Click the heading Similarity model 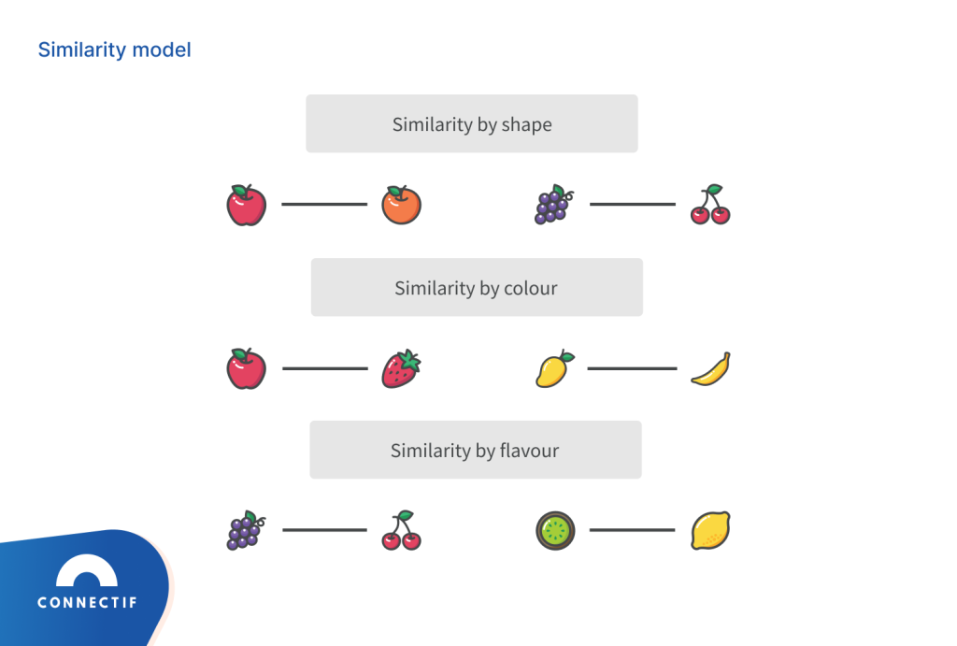(x=114, y=50)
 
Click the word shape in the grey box (x=526, y=124)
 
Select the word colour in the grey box (x=530, y=288)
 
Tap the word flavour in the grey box (x=528, y=451)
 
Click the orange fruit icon (x=401, y=205)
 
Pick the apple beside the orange (x=247, y=205)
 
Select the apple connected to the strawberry (x=247, y=368)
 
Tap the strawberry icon (x=401, y=368)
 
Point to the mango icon (x=554, y=368)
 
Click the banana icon (x=710, y=368)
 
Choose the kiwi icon (x=555, y=531)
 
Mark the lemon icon (x=710, y=530)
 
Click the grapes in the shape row (x=553, y=205)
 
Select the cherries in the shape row (x=710, y=205)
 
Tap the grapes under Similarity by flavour (x=246, y=530)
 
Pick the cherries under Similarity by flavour (x=401, y=530)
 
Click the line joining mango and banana (x=632, y=368)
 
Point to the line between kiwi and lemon (x=632, y=530)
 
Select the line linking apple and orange (x=323, y=204)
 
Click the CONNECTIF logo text (x=87, y=603)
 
